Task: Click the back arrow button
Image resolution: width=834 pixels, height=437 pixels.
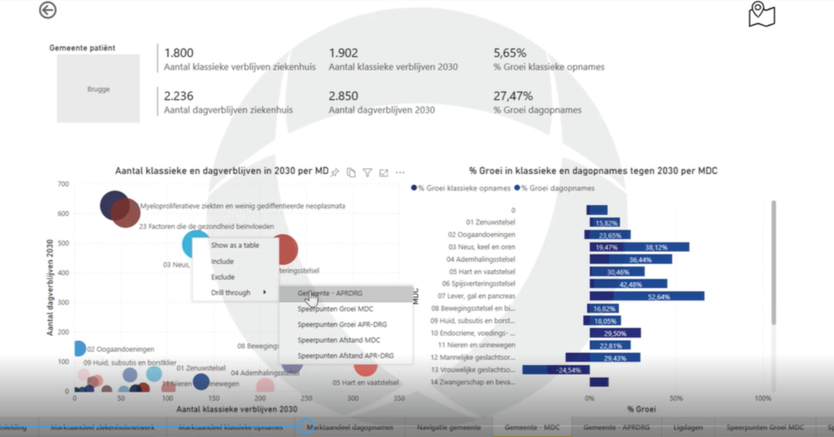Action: pos(48,11)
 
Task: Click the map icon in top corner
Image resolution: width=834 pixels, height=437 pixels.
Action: pos(761,14)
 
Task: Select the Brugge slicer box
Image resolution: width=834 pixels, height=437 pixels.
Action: pos(98,89)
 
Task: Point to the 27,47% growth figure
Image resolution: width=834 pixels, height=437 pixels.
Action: pos(513,96)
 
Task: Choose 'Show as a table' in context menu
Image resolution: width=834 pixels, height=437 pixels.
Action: pos(235,245)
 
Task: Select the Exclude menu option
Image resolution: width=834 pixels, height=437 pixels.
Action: pos(223,277)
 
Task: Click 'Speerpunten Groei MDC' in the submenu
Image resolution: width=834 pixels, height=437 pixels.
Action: pos(335,309)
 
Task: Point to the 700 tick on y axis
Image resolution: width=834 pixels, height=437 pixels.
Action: pos(62,185)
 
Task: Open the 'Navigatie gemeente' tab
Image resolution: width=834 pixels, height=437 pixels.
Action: pos(448,426)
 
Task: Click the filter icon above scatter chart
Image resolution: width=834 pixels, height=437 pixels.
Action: pos(367,172)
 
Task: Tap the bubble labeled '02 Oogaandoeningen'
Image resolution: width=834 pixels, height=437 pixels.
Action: pos(78,349)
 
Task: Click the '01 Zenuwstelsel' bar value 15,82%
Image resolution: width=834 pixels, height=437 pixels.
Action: pos(606,222)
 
